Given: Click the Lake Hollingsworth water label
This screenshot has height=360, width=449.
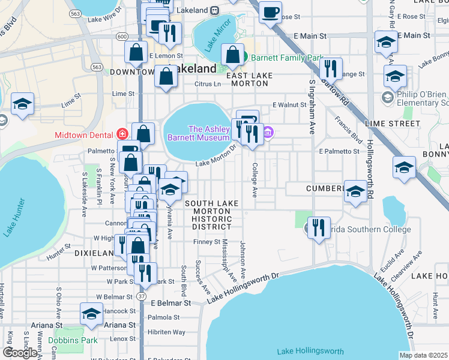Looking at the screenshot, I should pyautogui.click(x=310, y=351).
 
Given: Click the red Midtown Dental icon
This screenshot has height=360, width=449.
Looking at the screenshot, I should pyautogui.click(x=122, y=134).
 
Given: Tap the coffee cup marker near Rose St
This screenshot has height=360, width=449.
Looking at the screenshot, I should pyautogui.click(x=270, y=12).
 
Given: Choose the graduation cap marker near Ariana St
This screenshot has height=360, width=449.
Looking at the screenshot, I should pyautogui.click(x=91, y=314).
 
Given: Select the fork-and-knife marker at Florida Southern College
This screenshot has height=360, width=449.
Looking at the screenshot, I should pyautogui.click(x=319, y=227).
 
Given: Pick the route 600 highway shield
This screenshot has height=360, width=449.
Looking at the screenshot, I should pyautogui.click(x=122, y=37).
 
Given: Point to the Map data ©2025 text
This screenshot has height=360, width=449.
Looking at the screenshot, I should pyautogui.click(x=423, y=355).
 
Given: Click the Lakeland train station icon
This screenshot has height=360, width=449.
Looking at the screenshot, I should pyautogui.click(x=214, y=10).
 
